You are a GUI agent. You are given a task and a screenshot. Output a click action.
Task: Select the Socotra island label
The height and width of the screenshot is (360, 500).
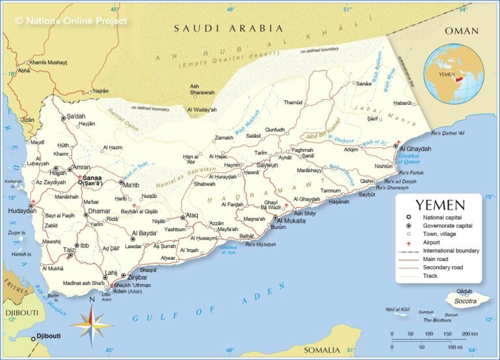(465, 301)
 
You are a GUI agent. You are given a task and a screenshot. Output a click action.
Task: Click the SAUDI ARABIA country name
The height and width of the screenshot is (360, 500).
(228, 29)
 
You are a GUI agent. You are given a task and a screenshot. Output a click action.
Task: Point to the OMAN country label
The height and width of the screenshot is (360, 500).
(461, 31)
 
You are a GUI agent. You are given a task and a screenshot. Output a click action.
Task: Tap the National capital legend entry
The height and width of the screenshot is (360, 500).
(445, 217)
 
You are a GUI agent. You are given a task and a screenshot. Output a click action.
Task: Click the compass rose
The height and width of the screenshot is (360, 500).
(92, 324)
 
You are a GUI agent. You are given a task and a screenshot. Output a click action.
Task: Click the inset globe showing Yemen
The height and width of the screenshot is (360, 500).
(453, 73)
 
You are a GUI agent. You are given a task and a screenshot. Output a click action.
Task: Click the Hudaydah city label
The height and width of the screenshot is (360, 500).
(21, 211)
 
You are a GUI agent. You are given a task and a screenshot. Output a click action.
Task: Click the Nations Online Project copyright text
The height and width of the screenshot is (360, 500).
(71, 20)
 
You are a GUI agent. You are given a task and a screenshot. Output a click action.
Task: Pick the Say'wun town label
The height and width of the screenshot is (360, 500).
(267, 165)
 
